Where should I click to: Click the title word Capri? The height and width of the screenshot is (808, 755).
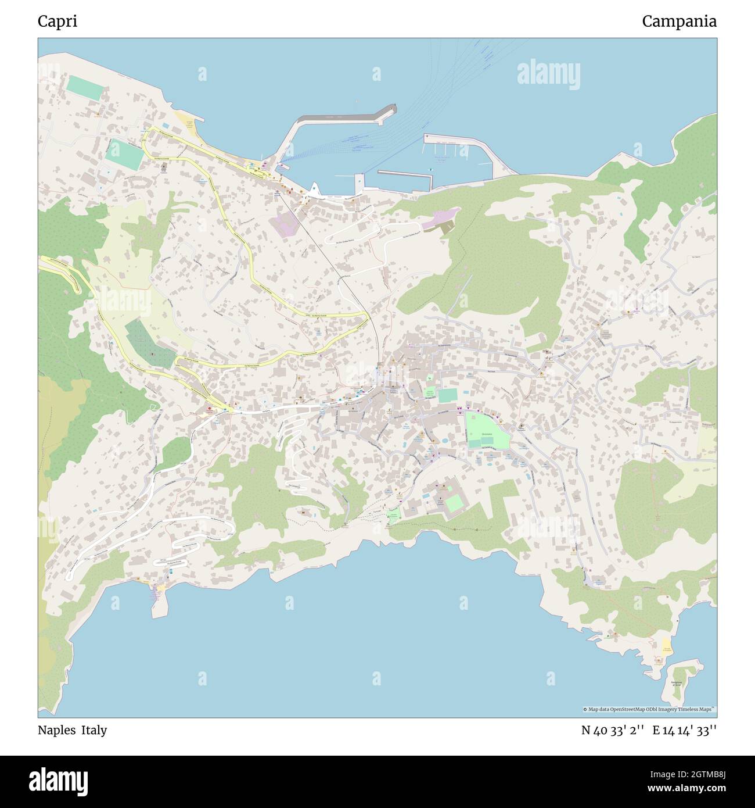point(57,22)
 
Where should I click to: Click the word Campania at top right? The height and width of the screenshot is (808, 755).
point(679,22)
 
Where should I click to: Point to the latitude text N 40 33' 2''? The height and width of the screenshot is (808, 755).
point(613,730)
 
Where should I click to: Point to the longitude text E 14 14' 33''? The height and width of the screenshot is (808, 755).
point(684,730)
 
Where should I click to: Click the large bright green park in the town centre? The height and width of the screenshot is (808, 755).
point(486,430)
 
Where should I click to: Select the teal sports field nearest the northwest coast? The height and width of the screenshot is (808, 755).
point(85,86)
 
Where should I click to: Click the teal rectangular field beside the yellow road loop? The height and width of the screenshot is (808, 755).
point(124,153)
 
